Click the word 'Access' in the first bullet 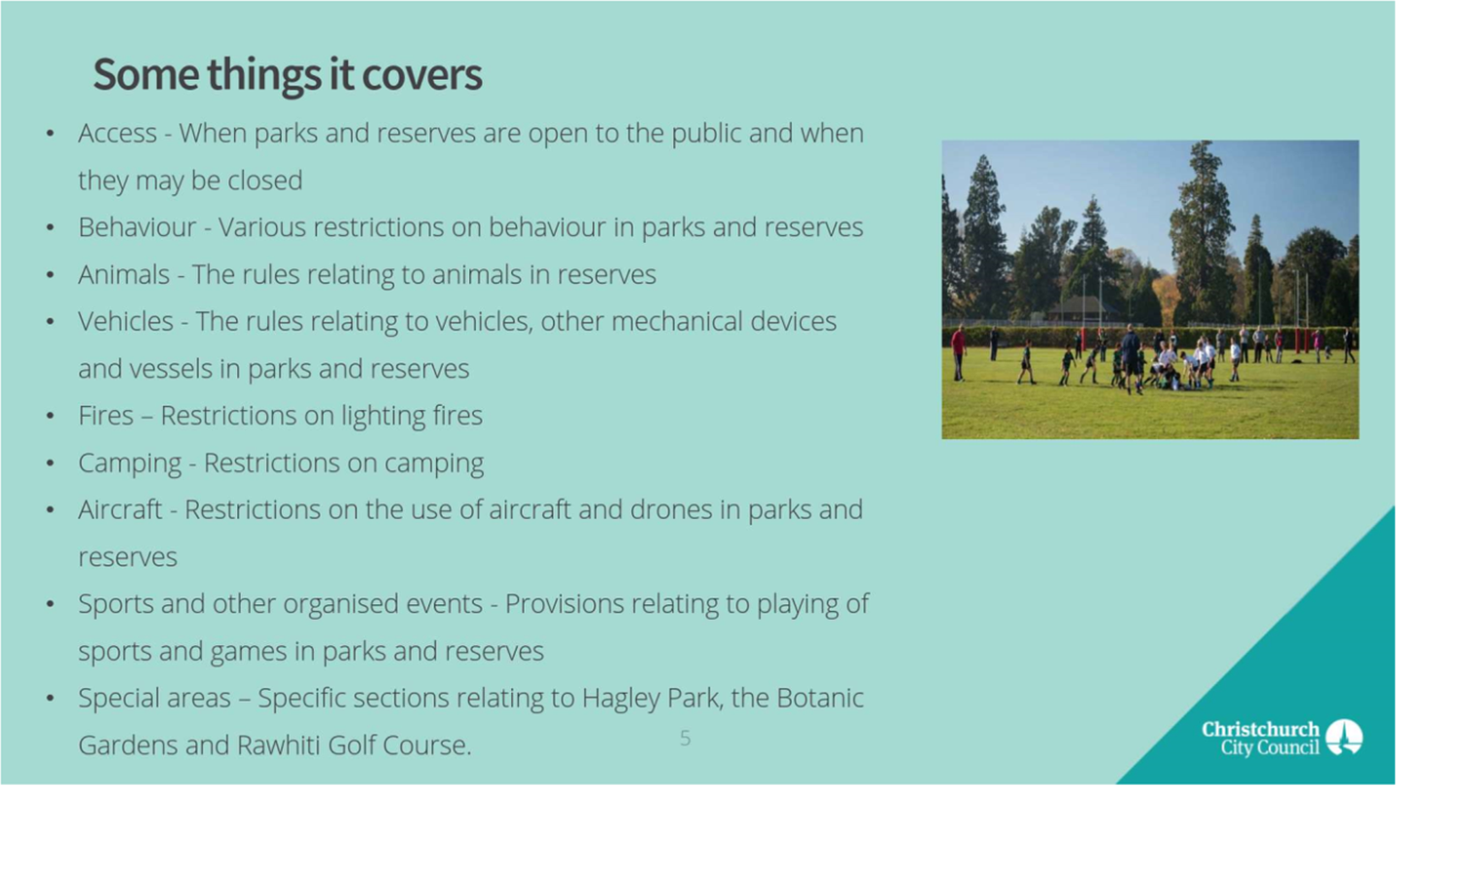118,133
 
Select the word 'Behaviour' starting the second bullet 137,227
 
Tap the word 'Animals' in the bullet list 124,274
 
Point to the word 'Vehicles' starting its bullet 126,322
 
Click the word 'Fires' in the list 106,416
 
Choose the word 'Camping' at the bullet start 130,464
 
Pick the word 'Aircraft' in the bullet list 120,510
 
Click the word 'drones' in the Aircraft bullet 670,510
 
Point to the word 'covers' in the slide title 422,75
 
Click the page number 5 685,738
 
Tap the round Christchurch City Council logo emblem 1344,737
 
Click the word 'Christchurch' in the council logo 1261,729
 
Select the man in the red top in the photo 959,353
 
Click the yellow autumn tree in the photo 1165,299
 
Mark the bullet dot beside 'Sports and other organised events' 51,604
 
